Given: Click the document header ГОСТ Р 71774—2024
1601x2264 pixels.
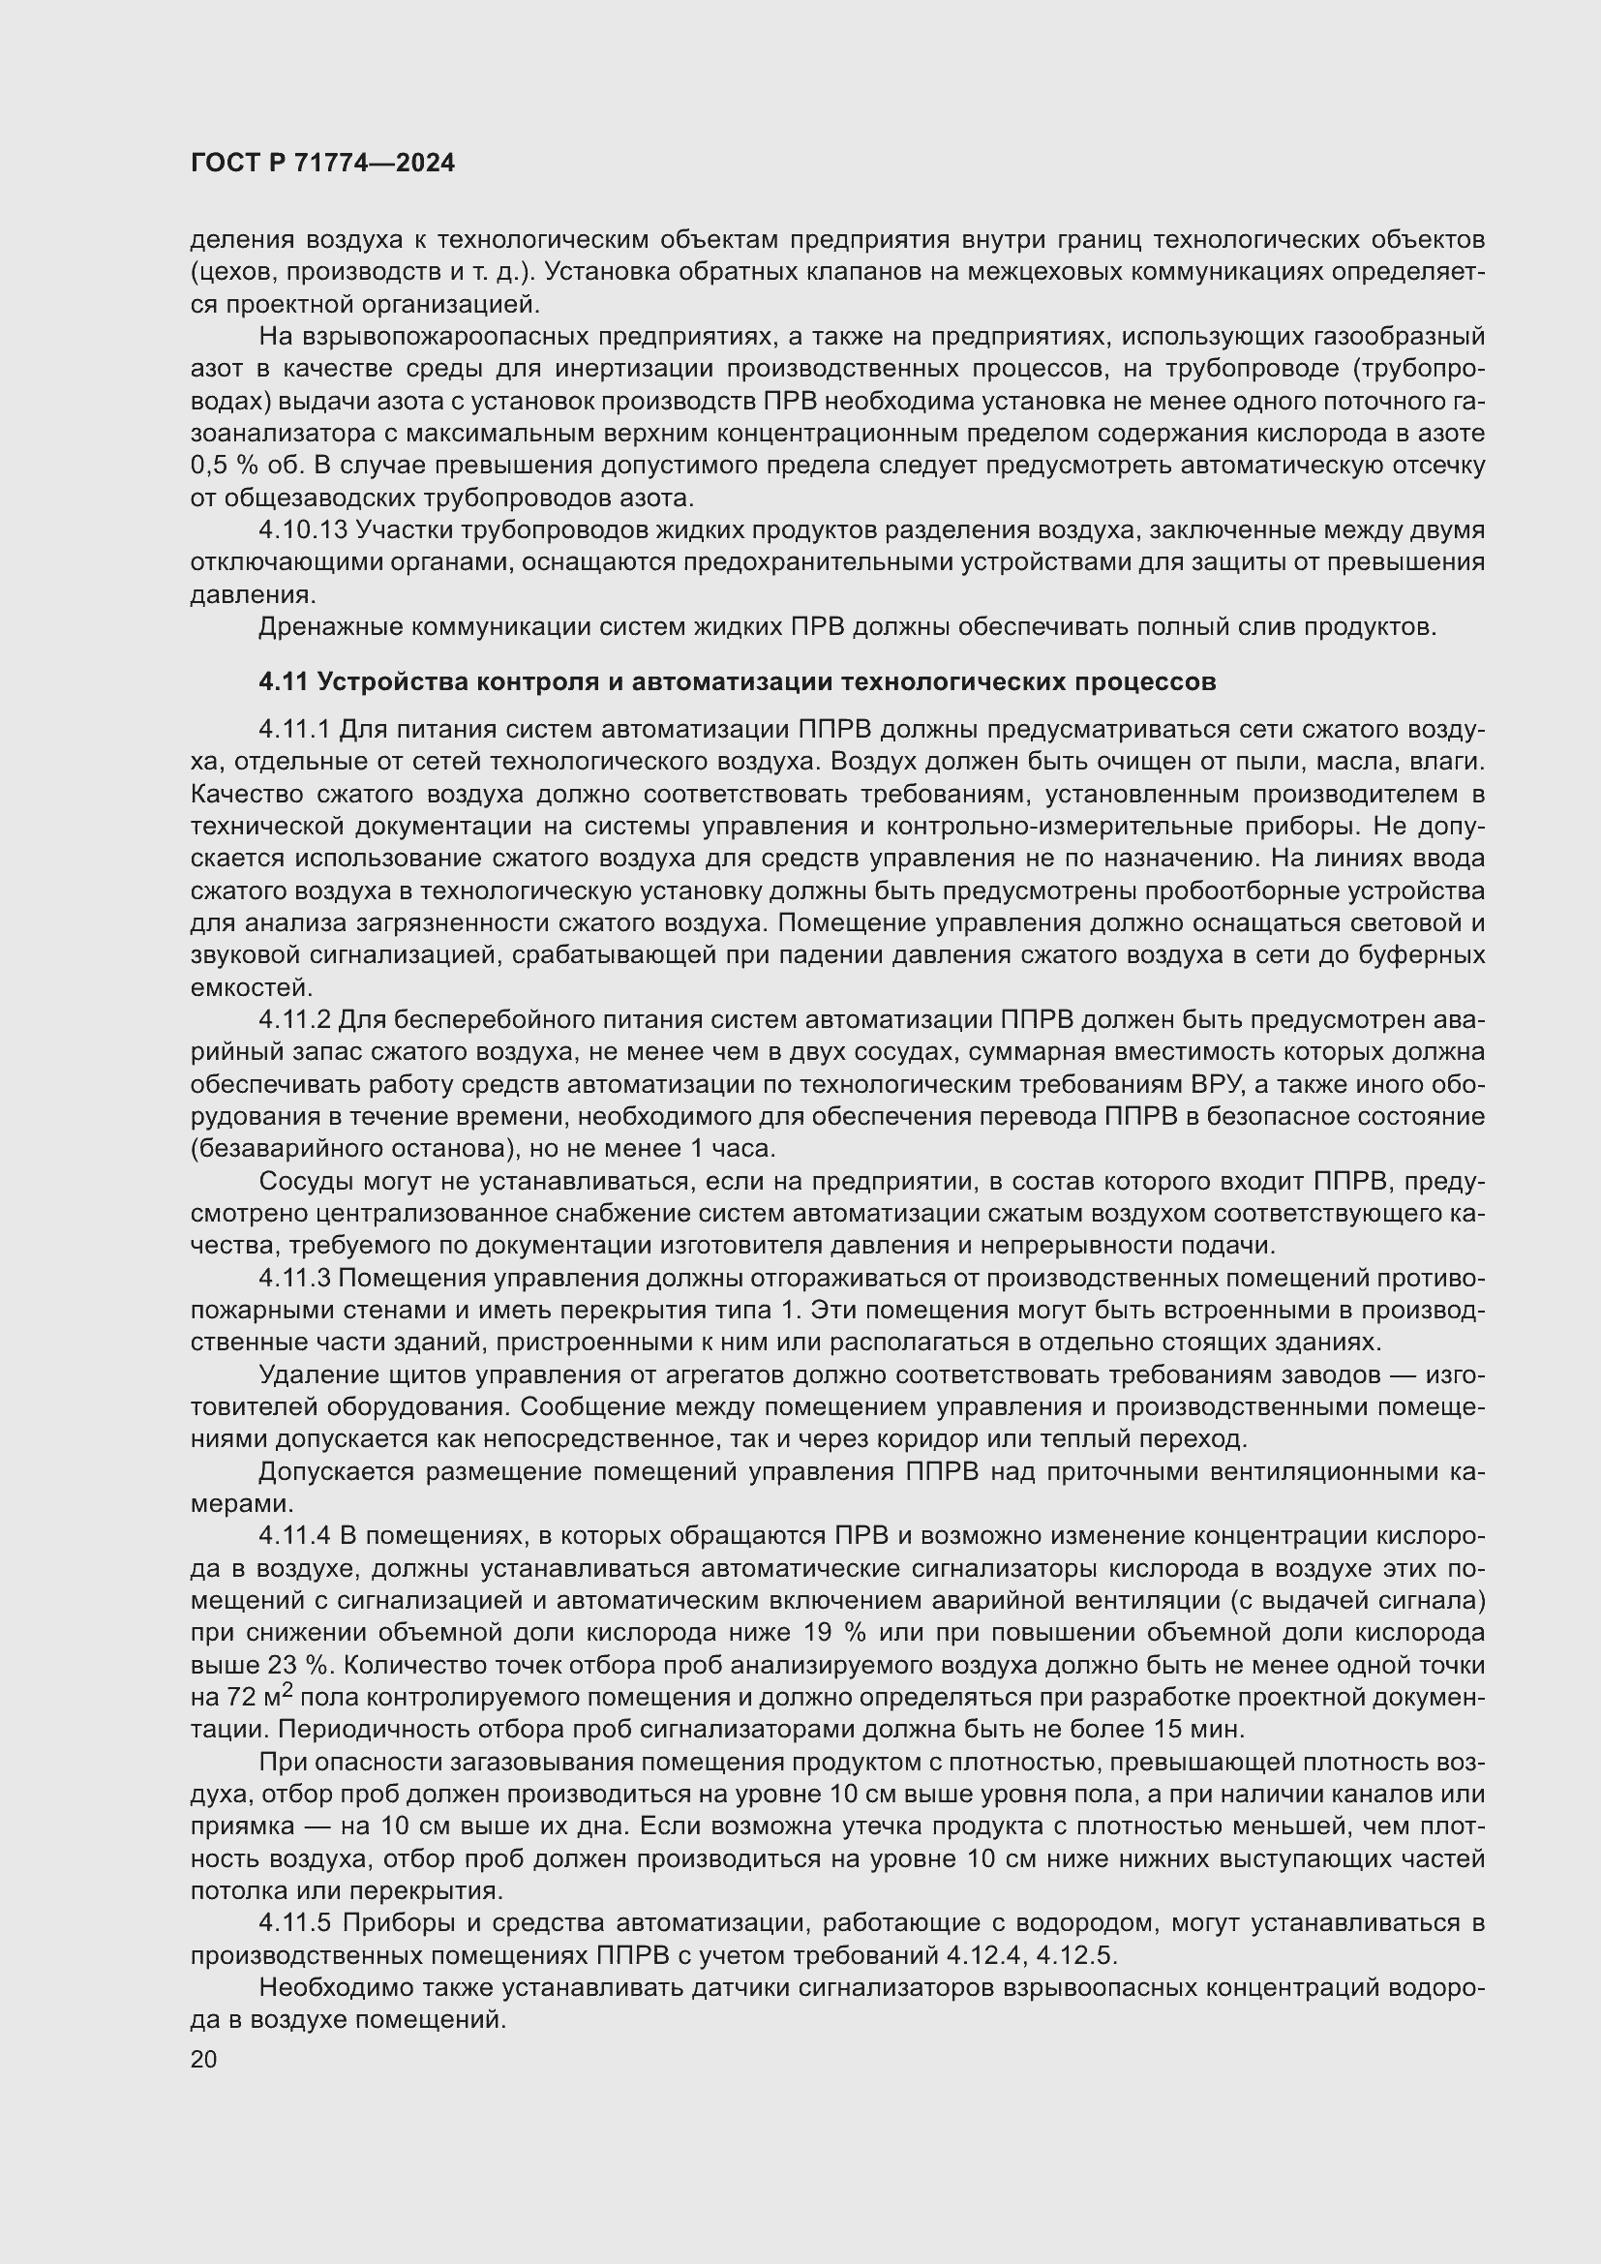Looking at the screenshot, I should tap(322, 164).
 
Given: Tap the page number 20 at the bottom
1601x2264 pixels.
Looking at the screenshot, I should tap(204, 2059).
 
